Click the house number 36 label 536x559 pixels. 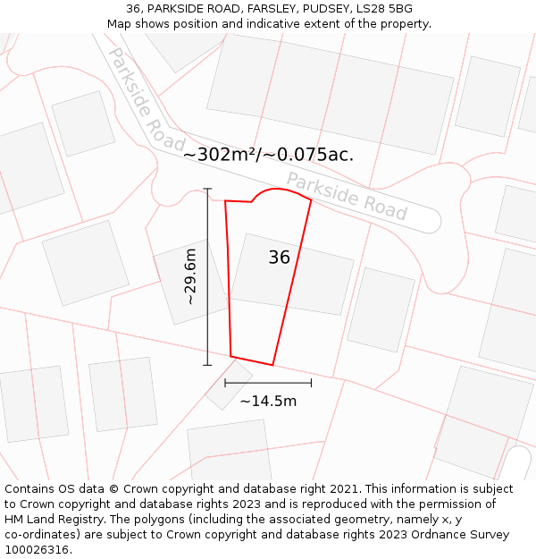pyautogui.click(x=280, y=258)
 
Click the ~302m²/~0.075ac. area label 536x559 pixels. pyautogui.click(x=268, y=155)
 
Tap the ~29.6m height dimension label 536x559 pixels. pyautogui.click(x=190, y=277)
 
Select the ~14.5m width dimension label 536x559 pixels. pyautogui.click(x=268, y=401)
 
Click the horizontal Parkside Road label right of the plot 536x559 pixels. pyautogui.click(x=347, y=196)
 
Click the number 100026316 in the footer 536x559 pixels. pyautogui.click(x=36, y=550)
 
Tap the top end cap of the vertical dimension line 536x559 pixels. pyautogui.click(x=207, y=189)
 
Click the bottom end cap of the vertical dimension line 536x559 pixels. pyautogui.click(x=207, y=365)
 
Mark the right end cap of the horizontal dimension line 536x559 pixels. pyautogui.click(x=312, y=383)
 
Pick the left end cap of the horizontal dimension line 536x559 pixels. pyautogui.click(x=224, y=383)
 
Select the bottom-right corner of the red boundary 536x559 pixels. pyautogui.click(x=272, y=365)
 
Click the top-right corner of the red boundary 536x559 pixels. pyautogui.click(x=311, y=199)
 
